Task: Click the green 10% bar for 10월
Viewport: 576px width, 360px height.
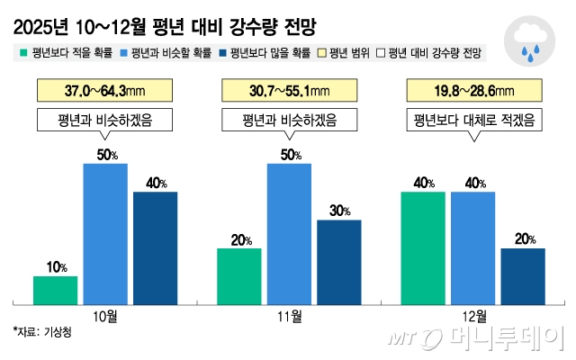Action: pyautogui.click(x=55, y=289)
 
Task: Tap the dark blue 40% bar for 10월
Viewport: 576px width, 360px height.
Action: pyautogui.click(x=156, y=247)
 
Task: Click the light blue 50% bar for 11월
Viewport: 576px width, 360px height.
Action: pyautogui.click(x=289, y=233)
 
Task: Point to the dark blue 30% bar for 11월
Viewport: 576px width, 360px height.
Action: pyautogui.click(x=339, y=261)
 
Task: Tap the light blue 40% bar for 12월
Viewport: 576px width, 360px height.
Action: pyautogui.click(x=472, y=247)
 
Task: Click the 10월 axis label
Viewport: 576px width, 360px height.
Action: pyautogui.click(x=105, y=316)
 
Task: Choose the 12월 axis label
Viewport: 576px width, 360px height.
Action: pyautogui.click(x=472, y=316)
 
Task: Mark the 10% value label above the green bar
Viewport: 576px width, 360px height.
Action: pyautogui.click(x=56, y=266)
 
